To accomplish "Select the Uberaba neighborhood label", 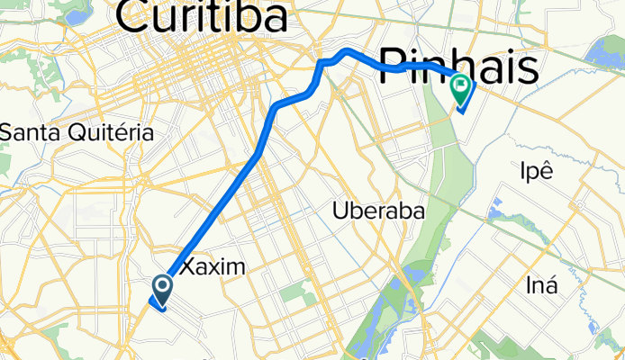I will click(x=378, y=211).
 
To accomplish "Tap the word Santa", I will click(x=30, y=132).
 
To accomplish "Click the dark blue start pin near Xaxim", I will click(x=163, y=288).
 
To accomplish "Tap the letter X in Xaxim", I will click(x=189, y=267).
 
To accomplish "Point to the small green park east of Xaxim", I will click(x=293, y=292).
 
